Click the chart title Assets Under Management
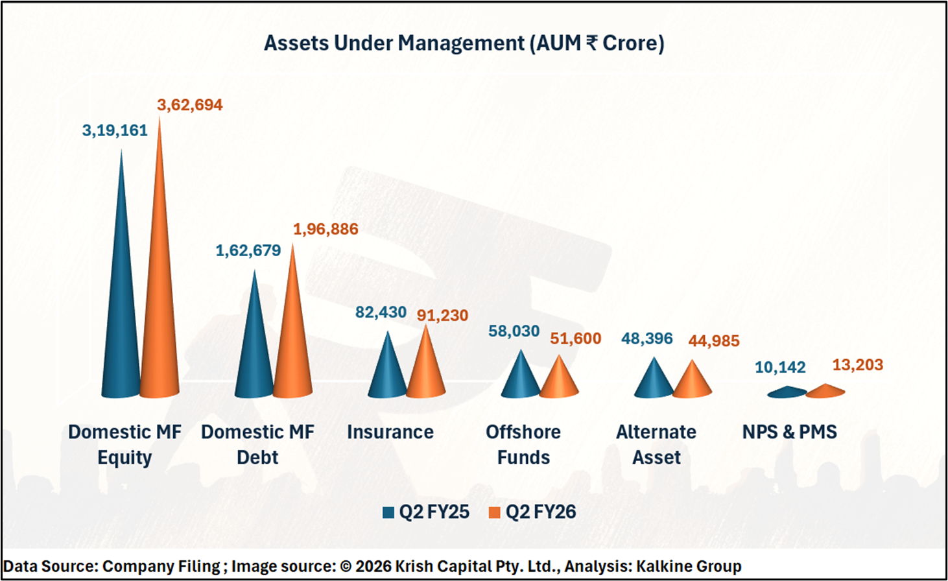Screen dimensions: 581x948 click(x=464, y=43)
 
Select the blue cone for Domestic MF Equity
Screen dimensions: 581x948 click(x=121, y=311)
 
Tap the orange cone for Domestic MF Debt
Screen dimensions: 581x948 click(x=292, y=350)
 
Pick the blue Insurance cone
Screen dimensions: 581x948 click(x=387, y=373)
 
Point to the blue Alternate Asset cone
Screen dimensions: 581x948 click(x=654, y=382)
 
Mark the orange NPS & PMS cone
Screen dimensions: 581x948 click(x=825, y=390)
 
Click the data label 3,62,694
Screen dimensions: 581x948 click(x=189, y=105)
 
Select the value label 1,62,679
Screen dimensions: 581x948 click(x=248, y=251)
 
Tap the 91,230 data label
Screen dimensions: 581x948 click(x=442, y=316)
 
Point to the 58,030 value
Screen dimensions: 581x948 click(x=514, y=331)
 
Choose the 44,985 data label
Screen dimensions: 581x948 click(x=714, y=341)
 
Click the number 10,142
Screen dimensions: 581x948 click(x=780, y=368)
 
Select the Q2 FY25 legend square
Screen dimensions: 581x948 click(x=388, y=512)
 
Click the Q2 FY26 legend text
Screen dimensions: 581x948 click(x=541, y=512)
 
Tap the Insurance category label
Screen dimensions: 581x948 click(x=390, y=432)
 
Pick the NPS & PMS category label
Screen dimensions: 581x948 click(x=789, y=432)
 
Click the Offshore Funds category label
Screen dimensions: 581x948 click(x=523, y=445)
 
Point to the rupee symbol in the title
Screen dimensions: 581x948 click(x=591, y=43)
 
